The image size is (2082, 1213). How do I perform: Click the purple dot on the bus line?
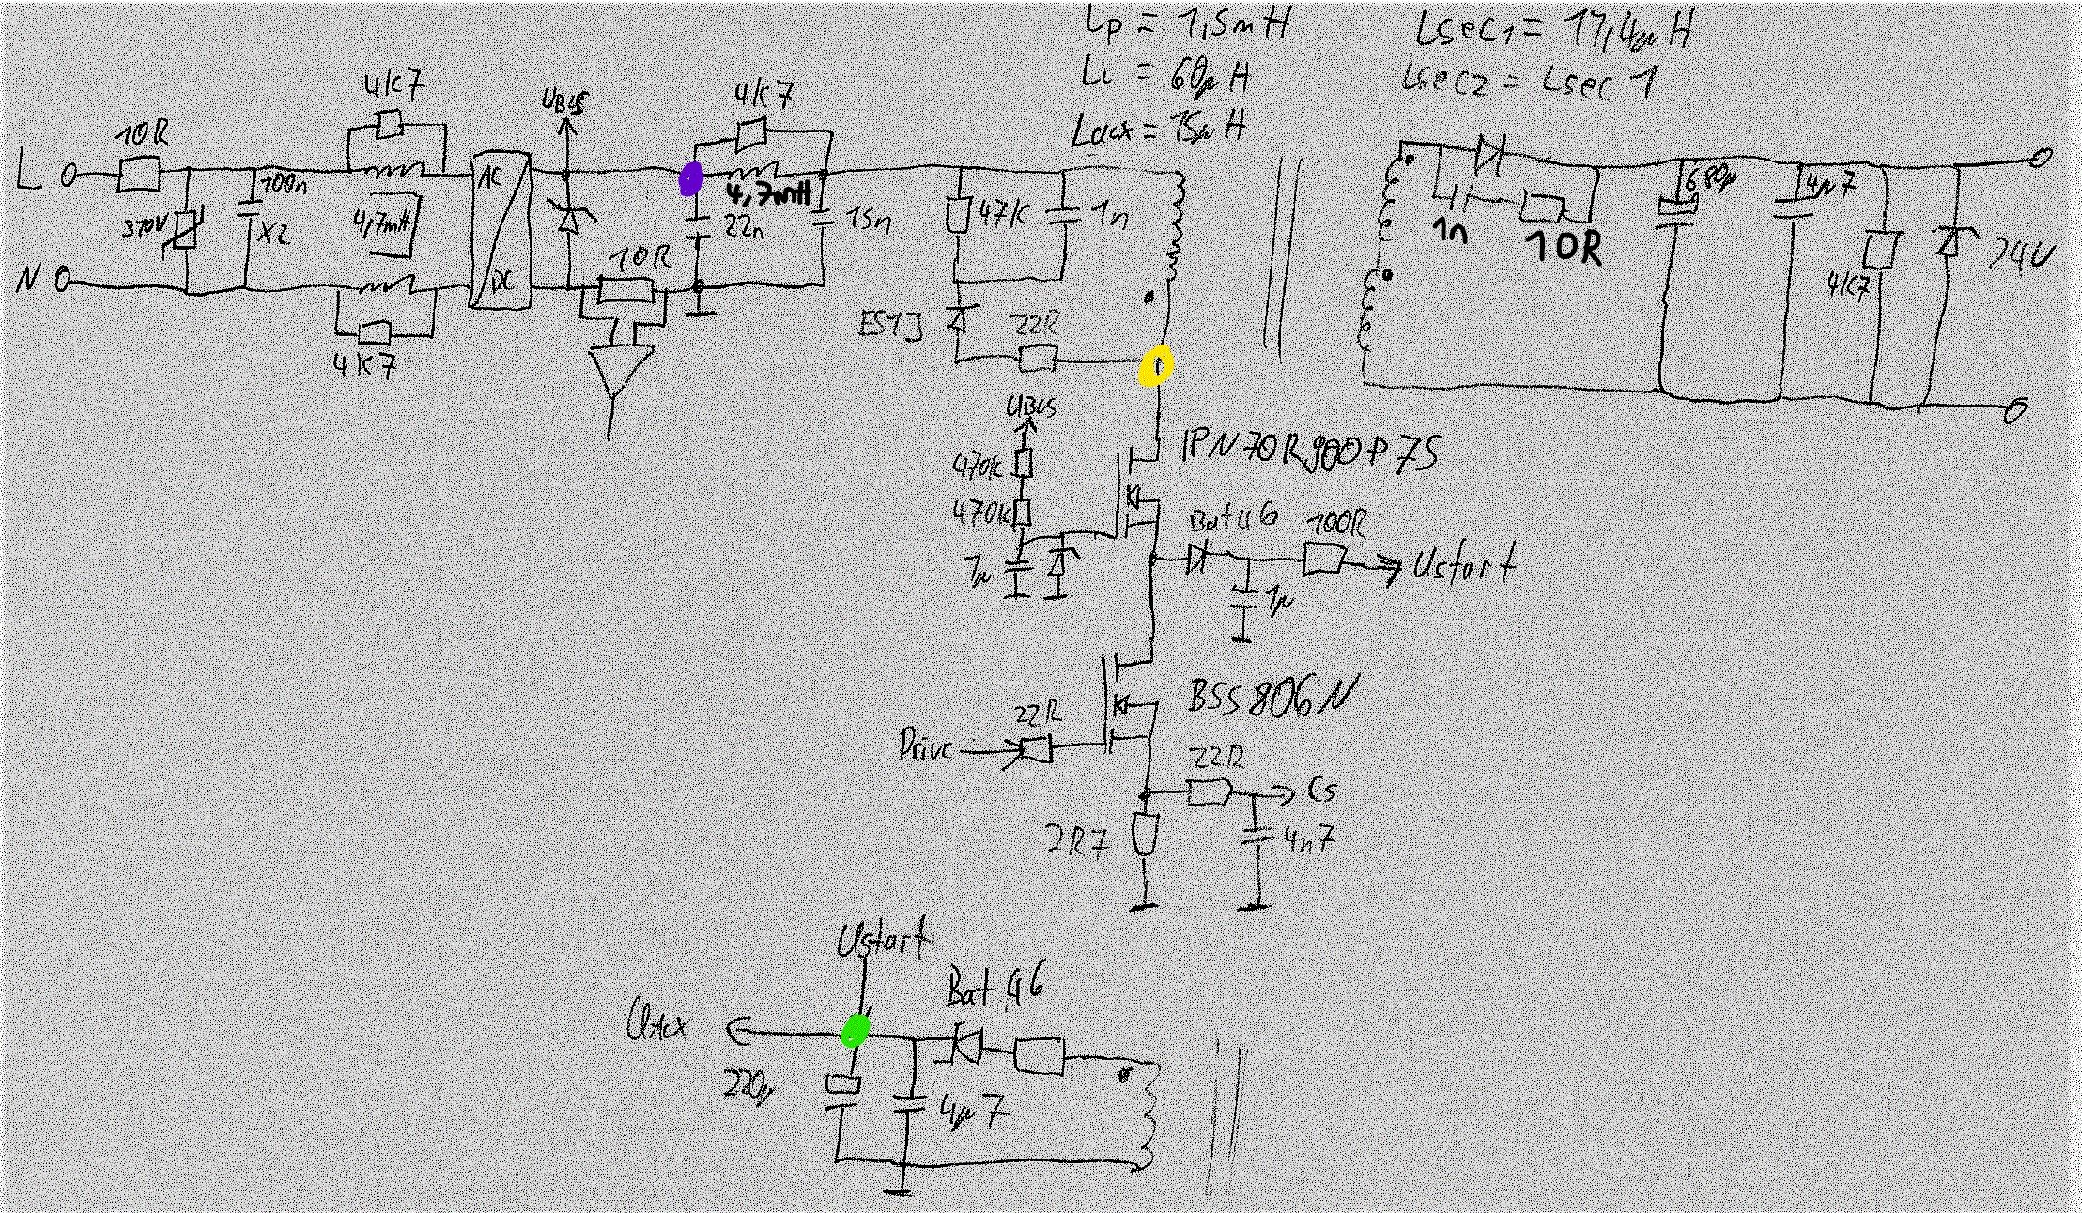pos(691,178)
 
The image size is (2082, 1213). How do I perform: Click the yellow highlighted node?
pos(1156,366)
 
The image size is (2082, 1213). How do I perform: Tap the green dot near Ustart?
pos(855,1031)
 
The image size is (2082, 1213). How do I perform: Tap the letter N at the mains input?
pos(27,280)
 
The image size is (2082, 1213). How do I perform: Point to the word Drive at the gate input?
pos(925,747)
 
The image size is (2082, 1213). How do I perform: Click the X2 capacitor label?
pos(273,233)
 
